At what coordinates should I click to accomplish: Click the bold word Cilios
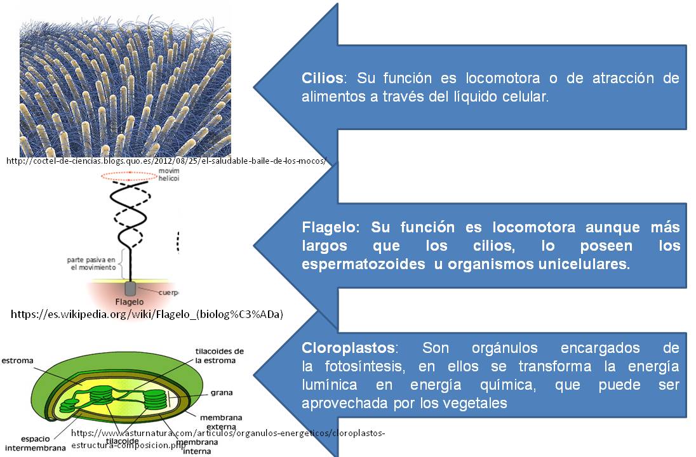click(x=323, y=79)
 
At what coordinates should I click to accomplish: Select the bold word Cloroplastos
click(x=349, y=348)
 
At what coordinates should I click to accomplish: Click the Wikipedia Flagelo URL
click(x=147, y=314)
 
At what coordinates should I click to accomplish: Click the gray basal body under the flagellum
click(x=130, y=288)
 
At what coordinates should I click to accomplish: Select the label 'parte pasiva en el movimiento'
click(x=93, y=264)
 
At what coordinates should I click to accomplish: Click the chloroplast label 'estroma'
click(x=17, y=361)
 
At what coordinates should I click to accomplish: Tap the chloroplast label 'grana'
click(x=221, y=393)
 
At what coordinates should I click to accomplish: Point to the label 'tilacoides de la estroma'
click(x=219, y=356)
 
